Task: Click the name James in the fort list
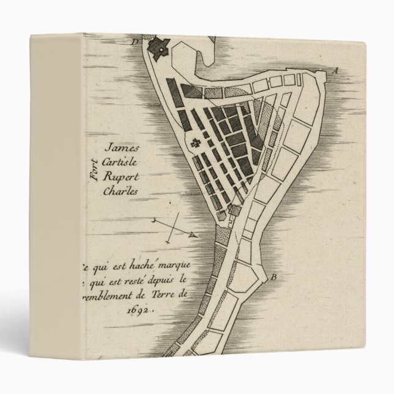pyautogui.click(x=122, y=148)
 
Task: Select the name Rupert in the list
pyautogui.click(x=123, y=176)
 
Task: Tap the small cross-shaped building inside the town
pyautogui.click(x=196, y=144)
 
